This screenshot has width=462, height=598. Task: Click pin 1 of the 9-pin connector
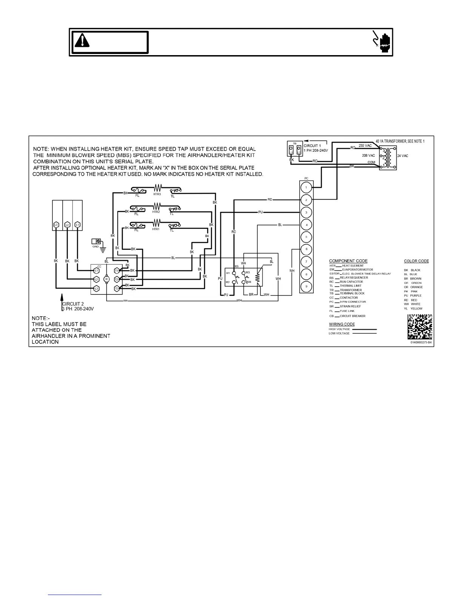(x=306, y=187)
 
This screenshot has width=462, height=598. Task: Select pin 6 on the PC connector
(x=306, y=249)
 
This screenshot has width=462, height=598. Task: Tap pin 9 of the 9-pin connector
(x=306, y=287)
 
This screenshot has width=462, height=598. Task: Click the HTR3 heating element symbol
(x=157, y=187)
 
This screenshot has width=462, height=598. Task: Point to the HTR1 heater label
(x=156, y=229)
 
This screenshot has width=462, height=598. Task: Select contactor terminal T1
(x=117, y=271)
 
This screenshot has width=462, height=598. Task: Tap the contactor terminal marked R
(x=106, y=279)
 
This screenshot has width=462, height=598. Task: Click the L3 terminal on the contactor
(x=96, y=288)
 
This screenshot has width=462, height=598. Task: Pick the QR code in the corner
(x=420, y=327)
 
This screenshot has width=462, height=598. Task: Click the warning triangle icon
(x=82, y=40)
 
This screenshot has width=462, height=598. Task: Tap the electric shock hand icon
(x=381, y=41)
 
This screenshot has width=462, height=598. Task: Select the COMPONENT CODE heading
(x=348, y=261)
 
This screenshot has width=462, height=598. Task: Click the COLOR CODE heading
(x=416, y=261)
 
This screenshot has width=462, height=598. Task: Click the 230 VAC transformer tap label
(x=365, y=146)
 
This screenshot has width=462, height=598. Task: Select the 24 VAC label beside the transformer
(x=402, y=156)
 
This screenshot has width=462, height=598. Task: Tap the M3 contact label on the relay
(x=248, y=272)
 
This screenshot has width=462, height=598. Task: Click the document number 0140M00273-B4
(x=421, y=343)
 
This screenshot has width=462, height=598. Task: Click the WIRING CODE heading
(x=342, y=324)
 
